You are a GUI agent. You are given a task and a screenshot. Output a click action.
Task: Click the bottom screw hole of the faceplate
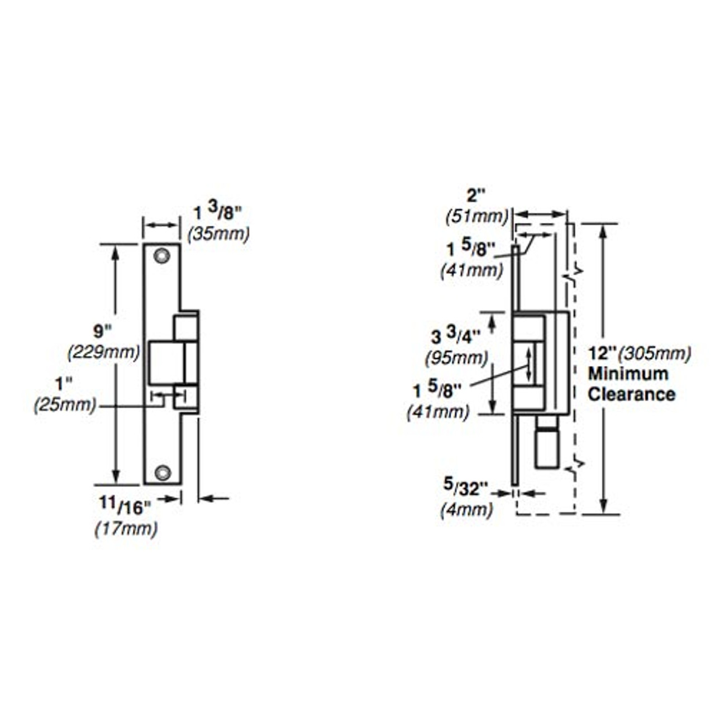[163, 473]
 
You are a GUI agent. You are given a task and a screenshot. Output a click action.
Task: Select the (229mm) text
[103, 352]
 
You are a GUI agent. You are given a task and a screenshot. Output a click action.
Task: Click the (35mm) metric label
[219, 233]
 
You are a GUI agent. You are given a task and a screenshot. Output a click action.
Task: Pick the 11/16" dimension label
[125, 506]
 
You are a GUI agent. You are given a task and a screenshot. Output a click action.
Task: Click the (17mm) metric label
[126, 528]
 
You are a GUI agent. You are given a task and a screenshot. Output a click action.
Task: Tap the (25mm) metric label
[65, 405]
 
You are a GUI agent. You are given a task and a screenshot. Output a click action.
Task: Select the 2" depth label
[476, 196]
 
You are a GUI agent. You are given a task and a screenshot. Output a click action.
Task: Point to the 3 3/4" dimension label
[456, 337]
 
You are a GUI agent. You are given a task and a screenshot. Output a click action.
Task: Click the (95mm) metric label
[456, 357]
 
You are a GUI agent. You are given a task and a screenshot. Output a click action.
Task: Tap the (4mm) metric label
[466, 509]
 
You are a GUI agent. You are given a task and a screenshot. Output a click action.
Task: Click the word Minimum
[628, 374]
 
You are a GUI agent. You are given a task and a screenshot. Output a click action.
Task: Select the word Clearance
[631, 394]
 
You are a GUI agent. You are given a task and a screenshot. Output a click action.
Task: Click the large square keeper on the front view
[166, 362]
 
